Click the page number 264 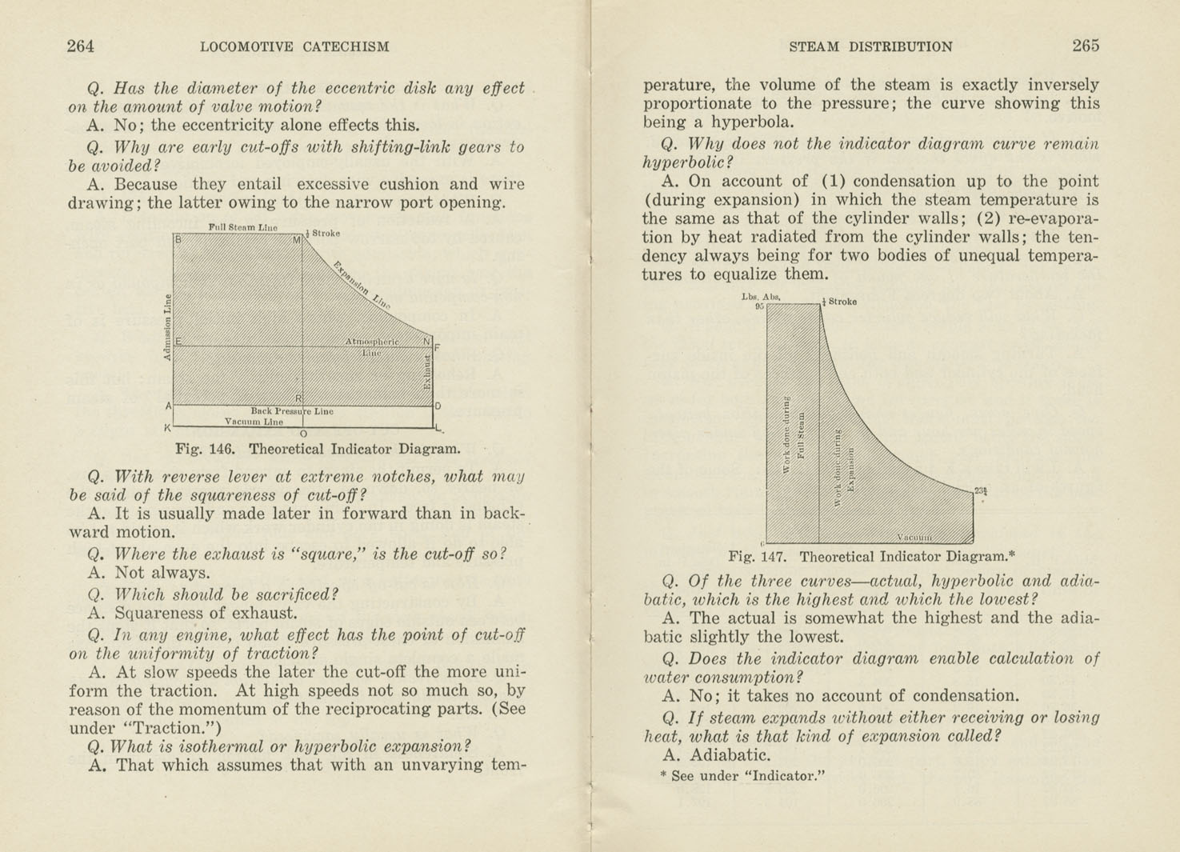(80, 46)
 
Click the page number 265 (1086, 46)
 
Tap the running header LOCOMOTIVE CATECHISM (294, 46)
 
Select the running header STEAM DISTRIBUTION (870, 46)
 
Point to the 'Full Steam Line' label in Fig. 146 (242, 227)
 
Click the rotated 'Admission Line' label (167, 328)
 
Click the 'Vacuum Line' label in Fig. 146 (254, 422)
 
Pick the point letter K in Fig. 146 (167, 427)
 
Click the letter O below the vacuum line (303, 434)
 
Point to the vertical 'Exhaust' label (427, 373)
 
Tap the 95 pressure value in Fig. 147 (759, 306)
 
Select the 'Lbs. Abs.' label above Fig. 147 (760, 297)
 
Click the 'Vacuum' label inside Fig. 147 (914, 537)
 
